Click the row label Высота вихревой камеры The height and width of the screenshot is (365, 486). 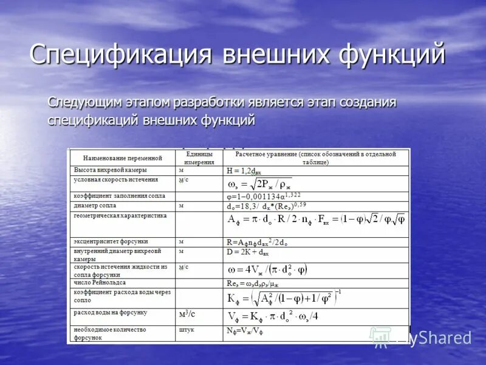click(x=110, y=170)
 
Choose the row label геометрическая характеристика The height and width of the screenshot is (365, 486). click(x=120, y=216)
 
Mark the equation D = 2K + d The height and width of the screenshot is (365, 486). click(x=247, y=251)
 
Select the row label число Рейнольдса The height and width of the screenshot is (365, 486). click(x=100, y=283)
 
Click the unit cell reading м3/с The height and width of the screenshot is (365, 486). click(x=187, y=314)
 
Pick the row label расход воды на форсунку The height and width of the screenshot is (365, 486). click(x=110, y=313)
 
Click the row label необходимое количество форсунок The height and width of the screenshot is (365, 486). click(x=110, y=333)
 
